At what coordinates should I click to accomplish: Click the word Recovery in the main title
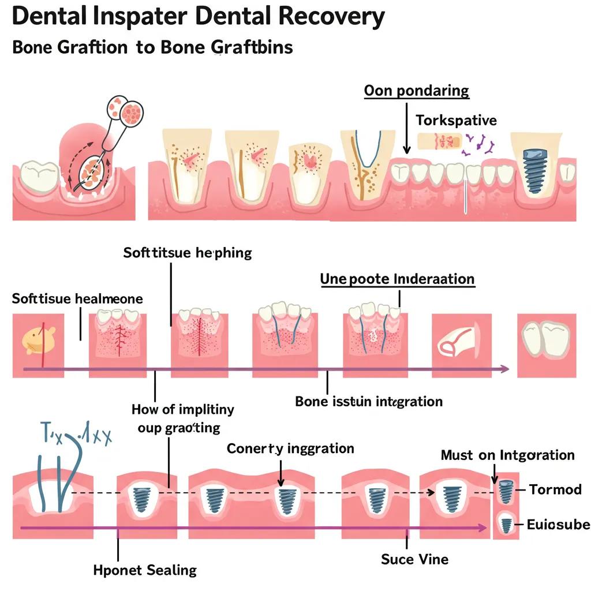pos(327,17)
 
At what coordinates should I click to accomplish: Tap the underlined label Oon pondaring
pos(416,91)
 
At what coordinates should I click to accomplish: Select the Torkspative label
pos(456,121)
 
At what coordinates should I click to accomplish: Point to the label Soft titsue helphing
pos(188,253)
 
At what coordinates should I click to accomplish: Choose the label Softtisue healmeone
pos(77,298)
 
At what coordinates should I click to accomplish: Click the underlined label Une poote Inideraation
pos(397,279)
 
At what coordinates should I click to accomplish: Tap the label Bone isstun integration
pos(369,401)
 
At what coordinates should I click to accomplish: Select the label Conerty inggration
pos(290,448)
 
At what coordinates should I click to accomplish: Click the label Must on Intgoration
pos(507,455)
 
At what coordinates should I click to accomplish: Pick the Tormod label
pos(555,490)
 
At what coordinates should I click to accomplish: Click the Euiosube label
pos(558,525)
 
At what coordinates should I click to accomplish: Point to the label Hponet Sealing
pos(145,570)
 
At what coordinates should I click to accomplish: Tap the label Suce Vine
pos(414,559)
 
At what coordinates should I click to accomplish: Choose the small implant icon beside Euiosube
pos(506,525)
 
